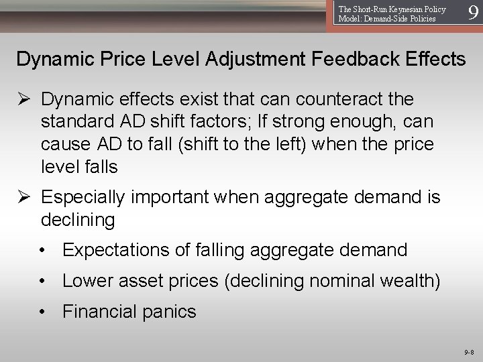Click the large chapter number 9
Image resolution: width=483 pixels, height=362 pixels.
[x=474, y=13]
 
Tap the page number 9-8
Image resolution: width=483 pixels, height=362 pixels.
[x=469, y=352]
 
